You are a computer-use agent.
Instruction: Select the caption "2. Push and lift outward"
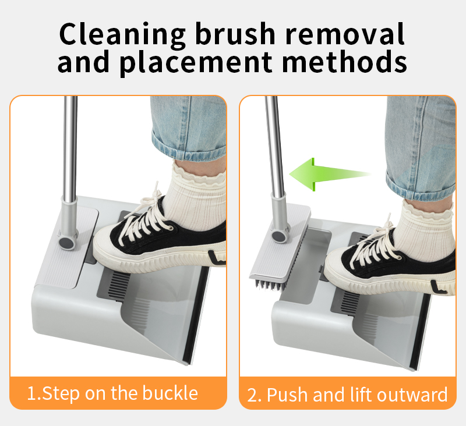click(347, 394)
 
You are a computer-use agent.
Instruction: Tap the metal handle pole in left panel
click(70, 145)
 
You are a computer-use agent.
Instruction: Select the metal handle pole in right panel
click(274, 145)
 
